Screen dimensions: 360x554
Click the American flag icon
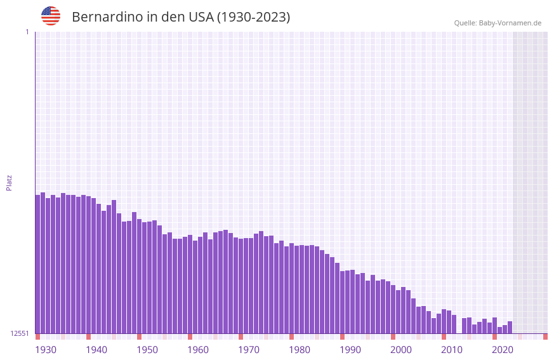coord(51,16)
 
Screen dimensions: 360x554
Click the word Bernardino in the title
coord(107,17)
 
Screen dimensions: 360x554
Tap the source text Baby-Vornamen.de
coord(510,23)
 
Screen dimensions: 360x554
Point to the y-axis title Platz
coord(9,182)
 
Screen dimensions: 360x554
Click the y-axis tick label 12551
coord(20,333)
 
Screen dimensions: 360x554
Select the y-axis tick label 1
coord(27,32)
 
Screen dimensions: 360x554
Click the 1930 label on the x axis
coord(46,350)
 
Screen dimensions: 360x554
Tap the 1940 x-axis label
coord(96,350)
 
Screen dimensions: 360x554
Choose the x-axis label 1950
coord(147,350)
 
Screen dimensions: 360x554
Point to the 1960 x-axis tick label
coord(198,350)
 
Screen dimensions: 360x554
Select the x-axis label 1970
coord(249,350)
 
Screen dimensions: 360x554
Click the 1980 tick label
coord(300,350)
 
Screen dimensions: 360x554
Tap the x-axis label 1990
coord(350,350)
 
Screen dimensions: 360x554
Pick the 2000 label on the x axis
coord(401,350)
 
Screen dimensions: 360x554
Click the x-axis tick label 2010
coord(452,350)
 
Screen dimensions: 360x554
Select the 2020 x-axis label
coord(503,350)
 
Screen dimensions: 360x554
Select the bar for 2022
coord(510,327)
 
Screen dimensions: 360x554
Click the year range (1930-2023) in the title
coord(253,17)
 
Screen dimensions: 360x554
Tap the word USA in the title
coord(201,17)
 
